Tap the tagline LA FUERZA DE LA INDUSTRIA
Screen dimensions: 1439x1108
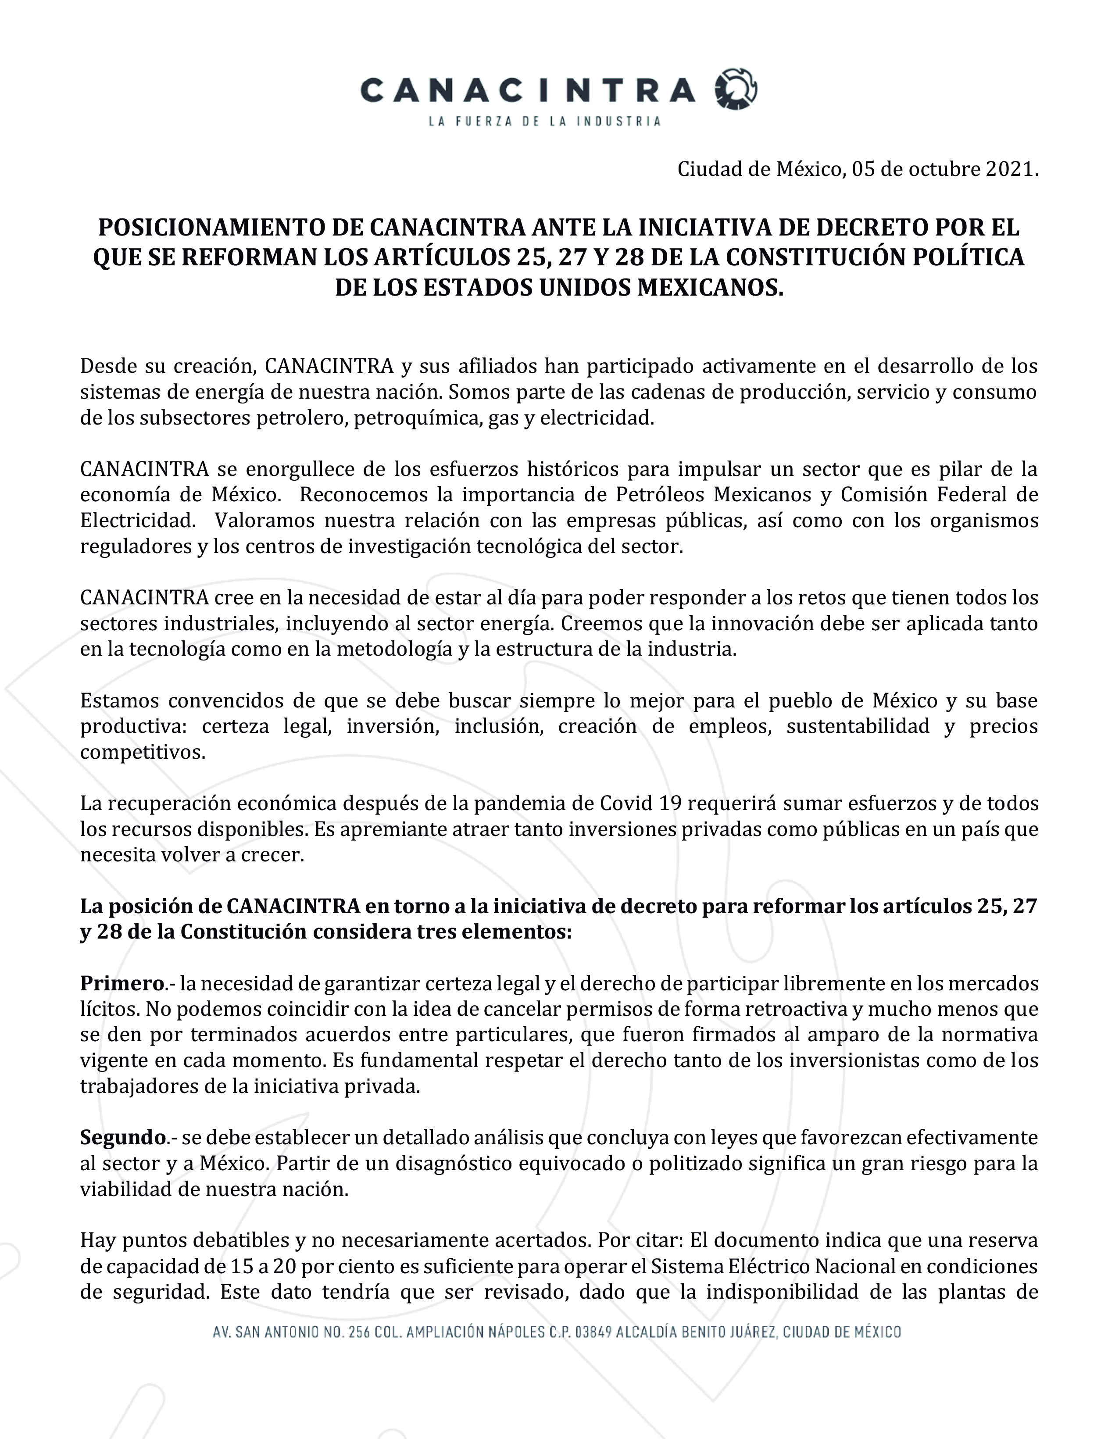pos(544,121)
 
